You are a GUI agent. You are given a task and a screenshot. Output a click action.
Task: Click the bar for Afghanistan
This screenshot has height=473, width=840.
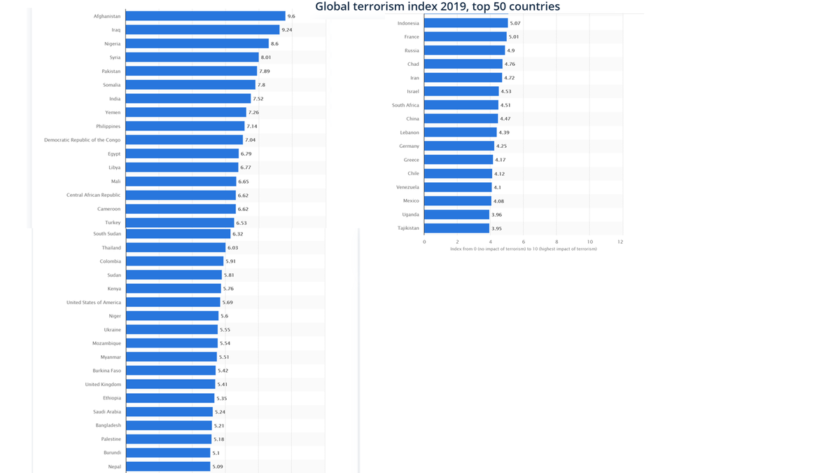tap(205, 16)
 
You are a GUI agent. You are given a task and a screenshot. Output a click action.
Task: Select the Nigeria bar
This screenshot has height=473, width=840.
tap(197, 43)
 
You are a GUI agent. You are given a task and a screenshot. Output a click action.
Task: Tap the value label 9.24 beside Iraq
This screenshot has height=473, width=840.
tap(287, 30)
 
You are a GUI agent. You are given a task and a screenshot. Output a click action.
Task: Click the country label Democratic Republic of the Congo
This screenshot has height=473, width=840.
tap(82, 140)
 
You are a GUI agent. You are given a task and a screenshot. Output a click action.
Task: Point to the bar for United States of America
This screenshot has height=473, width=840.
tap(173, 303)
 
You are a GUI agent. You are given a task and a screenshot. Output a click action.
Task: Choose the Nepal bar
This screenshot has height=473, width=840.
tap(168, 467)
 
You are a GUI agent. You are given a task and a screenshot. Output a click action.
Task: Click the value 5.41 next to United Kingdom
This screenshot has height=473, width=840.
tap(223, 385)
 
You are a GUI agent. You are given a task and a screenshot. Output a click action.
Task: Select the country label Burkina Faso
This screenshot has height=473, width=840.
tap(106, 371)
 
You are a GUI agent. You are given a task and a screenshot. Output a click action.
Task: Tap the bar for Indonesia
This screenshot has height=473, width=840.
tap(465, 23)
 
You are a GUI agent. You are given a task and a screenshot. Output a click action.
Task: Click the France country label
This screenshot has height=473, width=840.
tap(412, 37)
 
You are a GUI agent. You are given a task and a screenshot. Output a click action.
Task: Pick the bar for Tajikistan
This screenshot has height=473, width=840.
tap(456, 228)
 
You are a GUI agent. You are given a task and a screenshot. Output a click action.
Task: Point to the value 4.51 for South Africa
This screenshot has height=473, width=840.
tap(505, 105)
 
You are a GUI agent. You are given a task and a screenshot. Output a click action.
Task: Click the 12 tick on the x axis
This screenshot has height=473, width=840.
tap(620, 242)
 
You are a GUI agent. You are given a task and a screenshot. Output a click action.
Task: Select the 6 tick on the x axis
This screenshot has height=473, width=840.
tap(523, 242)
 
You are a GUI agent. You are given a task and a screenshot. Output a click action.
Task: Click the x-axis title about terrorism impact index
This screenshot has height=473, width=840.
tap(524, 249)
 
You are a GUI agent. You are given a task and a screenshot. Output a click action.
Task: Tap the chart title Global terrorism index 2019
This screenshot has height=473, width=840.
tap(437, 7)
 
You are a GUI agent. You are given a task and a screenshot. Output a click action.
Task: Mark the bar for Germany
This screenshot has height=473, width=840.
tap(459, 146)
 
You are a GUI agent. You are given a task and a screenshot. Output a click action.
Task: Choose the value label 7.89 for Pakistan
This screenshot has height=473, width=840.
tap(265, 71)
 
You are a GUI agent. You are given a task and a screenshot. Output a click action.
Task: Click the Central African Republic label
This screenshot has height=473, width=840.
tap(93, 196)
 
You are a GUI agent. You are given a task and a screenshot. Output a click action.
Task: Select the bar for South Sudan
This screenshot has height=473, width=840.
tap(178, 234)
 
